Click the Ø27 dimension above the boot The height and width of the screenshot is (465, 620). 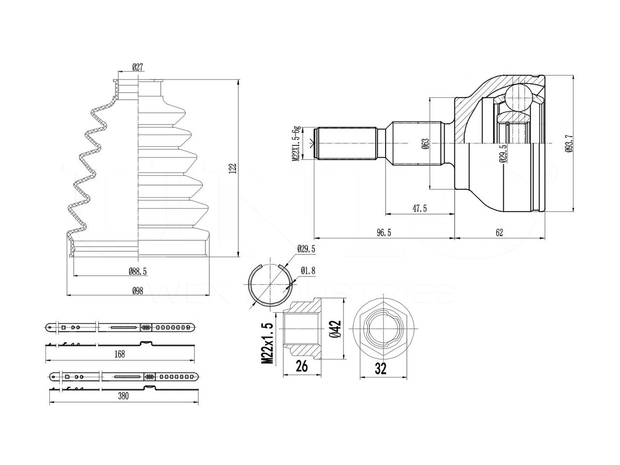(137, 68)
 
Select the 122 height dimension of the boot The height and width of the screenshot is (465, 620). (232, 168)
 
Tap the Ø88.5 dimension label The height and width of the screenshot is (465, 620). (138, 272)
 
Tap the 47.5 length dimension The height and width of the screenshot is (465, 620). (419, 208)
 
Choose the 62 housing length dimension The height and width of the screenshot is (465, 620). (499, 233)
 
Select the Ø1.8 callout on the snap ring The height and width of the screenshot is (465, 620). (308, 271)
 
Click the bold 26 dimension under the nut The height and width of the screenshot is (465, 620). (302, 366)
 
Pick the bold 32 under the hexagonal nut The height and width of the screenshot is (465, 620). (381, 369)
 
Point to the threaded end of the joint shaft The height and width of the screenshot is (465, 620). (346, 143)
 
